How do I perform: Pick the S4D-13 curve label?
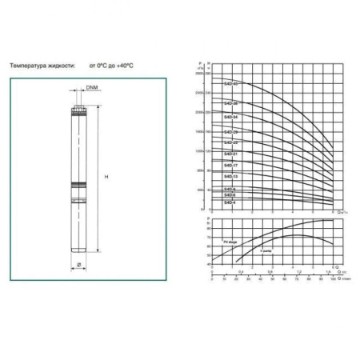pyautogui.click(x=229, y=178)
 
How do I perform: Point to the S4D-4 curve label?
pyautogui.click(x=229, y=201)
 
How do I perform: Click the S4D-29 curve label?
pyautogui.click(x=230, y=130)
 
